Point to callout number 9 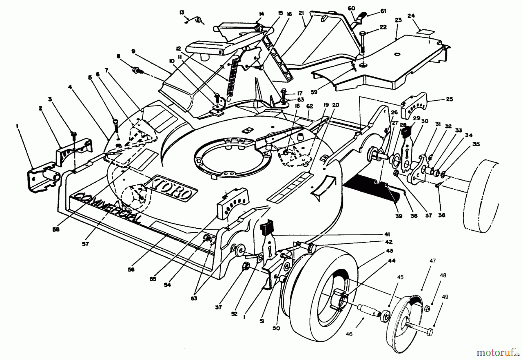pyautogui.click(x=133, y=51)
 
